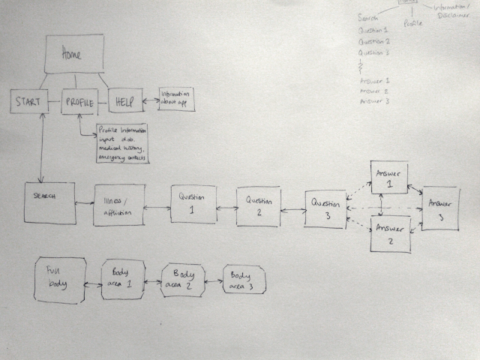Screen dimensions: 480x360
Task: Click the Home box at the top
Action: (73, 55)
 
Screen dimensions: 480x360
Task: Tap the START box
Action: (29, 101)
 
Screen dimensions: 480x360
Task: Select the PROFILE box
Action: (79, 101)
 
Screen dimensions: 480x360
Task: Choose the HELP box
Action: (124, 101)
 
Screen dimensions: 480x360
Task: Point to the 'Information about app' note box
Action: (175, 100)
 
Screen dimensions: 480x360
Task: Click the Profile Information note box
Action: (122, 143)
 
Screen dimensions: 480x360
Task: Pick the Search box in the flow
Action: (49, 201)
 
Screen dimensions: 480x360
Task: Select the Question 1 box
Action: (193, 202)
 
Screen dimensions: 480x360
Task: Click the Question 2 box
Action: (259, 207)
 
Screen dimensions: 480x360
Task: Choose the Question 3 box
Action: (326, 209)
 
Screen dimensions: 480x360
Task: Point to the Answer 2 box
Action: (391, 233)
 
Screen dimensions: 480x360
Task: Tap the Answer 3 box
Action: (440, 208)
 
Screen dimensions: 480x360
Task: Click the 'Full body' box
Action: (60, 280)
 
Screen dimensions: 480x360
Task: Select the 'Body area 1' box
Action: (123, 279)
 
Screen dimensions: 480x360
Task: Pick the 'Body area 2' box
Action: (183, 280)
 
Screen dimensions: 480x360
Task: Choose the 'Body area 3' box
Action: (244, 280)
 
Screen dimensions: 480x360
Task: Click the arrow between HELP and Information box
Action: (150, 100)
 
